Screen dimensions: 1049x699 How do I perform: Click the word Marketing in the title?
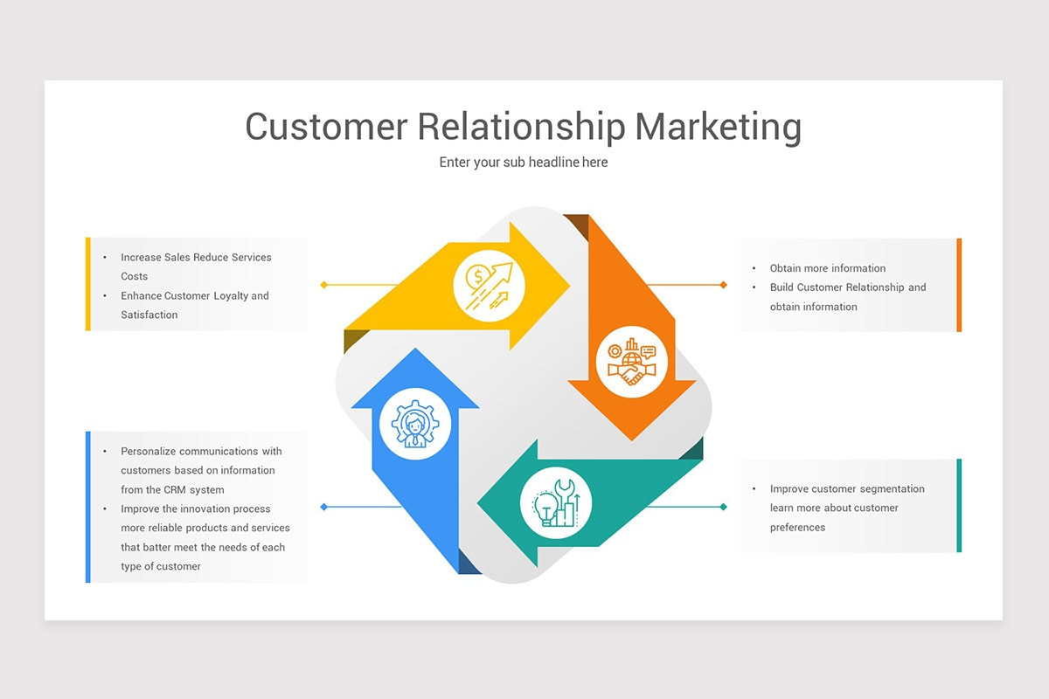(x=718, y=127)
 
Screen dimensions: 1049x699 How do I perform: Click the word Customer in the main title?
(x=326, y=127)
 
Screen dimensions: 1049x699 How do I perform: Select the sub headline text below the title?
(x=524, y=162)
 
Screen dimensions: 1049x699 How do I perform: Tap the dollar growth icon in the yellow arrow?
(x=489, y=286)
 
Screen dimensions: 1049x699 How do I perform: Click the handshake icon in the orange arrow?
(x=632, y=362)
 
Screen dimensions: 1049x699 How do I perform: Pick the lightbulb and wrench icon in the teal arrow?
(x=556, y=502)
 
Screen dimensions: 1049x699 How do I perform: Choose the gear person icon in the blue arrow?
(x=415, y=424)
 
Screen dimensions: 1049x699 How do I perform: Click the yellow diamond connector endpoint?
(x=323, y=285)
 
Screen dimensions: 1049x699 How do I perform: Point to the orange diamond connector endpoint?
(x=724, y=285)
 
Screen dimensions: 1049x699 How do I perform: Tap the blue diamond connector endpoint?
(x=323, y=507)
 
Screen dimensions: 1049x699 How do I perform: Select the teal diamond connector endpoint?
(x=724, y=507)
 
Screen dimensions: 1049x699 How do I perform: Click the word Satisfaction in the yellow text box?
(x=149, y=315)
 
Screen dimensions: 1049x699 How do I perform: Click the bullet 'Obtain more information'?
(x=828, y=268)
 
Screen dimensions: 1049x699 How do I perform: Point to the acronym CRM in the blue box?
(x=175, y=489)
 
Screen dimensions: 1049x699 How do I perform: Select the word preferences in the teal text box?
(x=797, y=528)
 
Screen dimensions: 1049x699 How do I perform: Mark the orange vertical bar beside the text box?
(x=959, y=285)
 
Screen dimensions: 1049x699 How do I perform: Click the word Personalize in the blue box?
(x=149, y=452)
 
